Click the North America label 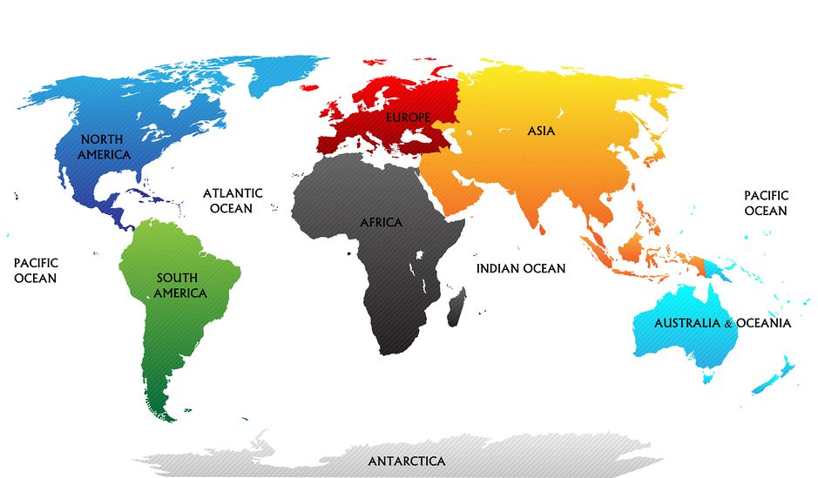pos(104,146)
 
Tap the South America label pos(179,286)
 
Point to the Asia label pos(540,131)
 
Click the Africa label pos(382,223)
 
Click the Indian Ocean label pos(520,269)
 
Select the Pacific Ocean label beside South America pos(35,270)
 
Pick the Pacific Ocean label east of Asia pos(766,203)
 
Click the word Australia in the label pos(687,323)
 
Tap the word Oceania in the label pos(763,323)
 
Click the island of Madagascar pos(456,310)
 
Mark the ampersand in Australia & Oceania pos(728,324)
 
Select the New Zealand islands pos(775,374)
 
